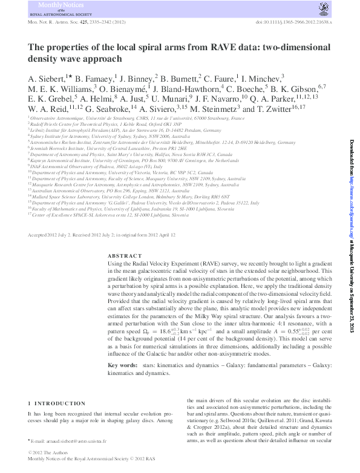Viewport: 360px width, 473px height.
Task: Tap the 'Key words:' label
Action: point(122,366)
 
